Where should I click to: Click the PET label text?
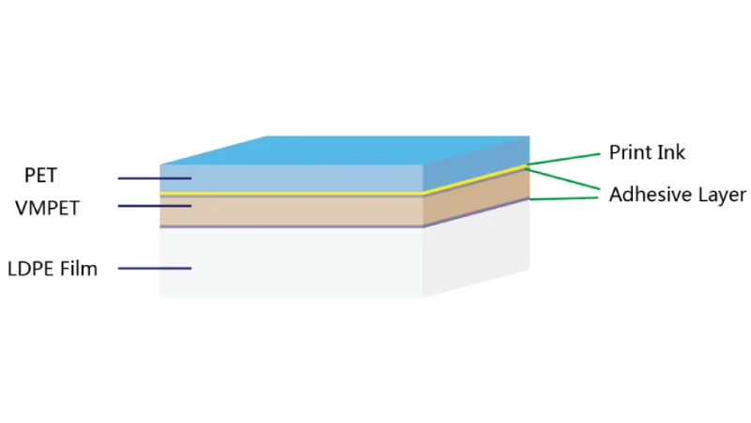[40, 176]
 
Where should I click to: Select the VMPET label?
[47, 208]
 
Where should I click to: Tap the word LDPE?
[29, 269]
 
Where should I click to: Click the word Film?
[78, 268]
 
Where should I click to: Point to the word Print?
[629, 152]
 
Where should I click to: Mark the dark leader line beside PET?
[155, 179]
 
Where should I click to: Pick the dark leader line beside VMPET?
[155, 206]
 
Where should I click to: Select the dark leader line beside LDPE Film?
[155, 269]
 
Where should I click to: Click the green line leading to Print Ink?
[562, 159]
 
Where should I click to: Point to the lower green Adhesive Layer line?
[564, 198]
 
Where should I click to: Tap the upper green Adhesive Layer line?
[562, 179]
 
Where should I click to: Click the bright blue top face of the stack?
[345, 150]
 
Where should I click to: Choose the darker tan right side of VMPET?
[476, 197]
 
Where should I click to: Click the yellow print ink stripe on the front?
[291, 194]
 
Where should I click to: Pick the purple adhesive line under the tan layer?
[291, 227]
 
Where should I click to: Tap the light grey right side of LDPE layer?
[476, 248]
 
